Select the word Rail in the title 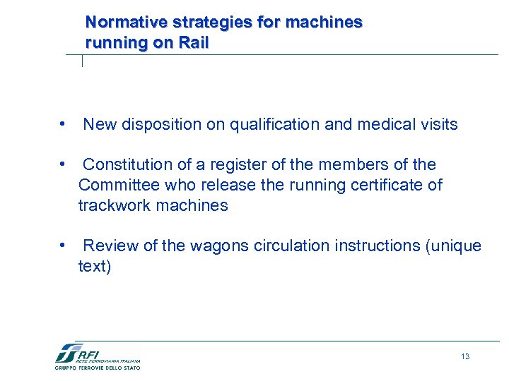coord(194,42)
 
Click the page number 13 coord(464,356)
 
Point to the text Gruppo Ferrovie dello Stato coord(98,368)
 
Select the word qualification coord(274,125)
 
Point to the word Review coord(110,246)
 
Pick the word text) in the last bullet coord(95,267)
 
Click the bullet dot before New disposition coord(64,125)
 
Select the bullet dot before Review coord(64,246)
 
